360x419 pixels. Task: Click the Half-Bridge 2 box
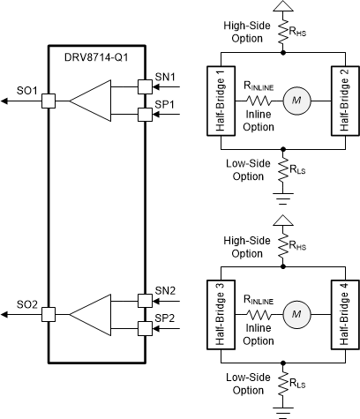[x=344, y=100]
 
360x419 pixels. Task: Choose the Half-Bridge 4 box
[x=344, y=313]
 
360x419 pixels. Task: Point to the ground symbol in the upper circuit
[x=282, y=197]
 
